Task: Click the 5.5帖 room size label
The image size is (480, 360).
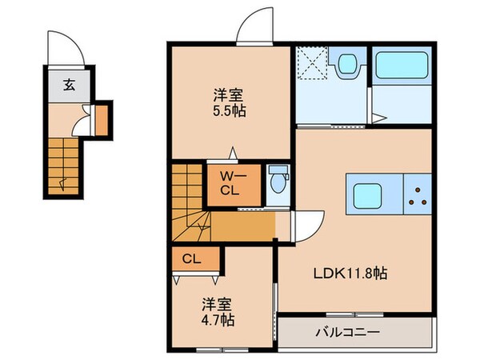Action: (230, 111)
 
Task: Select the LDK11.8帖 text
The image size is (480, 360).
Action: (349, 273)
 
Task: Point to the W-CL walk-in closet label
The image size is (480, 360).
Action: (230, 183)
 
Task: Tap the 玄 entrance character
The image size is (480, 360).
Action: (70, 84)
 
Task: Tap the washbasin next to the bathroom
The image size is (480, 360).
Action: (347, 65)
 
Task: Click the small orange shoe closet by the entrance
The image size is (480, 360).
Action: (102, 118)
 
